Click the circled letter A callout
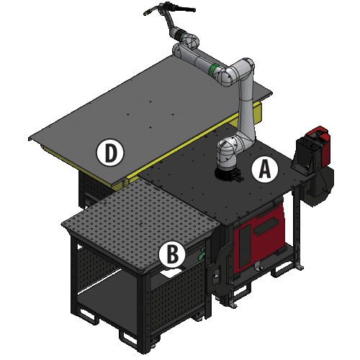click(x=264, y=169)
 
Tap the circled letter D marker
click(x=110, y=152)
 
